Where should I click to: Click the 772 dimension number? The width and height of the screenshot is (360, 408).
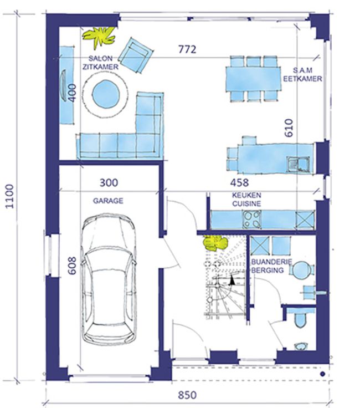point(187,49)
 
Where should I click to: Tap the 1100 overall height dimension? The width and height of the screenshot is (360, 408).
point(9,196)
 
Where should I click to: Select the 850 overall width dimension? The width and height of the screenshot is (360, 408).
point(187,395)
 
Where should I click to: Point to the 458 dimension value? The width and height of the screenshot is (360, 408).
point(239,182)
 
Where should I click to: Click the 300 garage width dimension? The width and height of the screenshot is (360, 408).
point(109,182)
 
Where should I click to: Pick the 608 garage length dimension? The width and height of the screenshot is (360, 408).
point(72,266)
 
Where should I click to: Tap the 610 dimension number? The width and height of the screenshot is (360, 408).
point(289,127)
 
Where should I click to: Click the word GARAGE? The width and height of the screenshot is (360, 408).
point(108,201)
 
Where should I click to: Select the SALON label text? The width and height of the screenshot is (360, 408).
point(101,58)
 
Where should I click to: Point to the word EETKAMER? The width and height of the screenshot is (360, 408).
point(302,79)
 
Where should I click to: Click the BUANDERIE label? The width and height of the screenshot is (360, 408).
point(271,262)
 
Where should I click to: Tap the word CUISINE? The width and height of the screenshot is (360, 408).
point(246,203)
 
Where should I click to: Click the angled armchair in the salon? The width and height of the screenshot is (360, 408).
point(135,55)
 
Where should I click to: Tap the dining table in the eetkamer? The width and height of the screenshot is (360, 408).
point(253,79)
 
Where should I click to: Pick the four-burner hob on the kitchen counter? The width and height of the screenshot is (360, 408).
point(251,220)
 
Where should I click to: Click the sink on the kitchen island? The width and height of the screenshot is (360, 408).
point(298,164)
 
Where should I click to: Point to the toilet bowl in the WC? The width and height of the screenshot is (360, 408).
point(301,319)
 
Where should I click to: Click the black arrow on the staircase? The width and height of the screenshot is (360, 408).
point(232,280)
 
